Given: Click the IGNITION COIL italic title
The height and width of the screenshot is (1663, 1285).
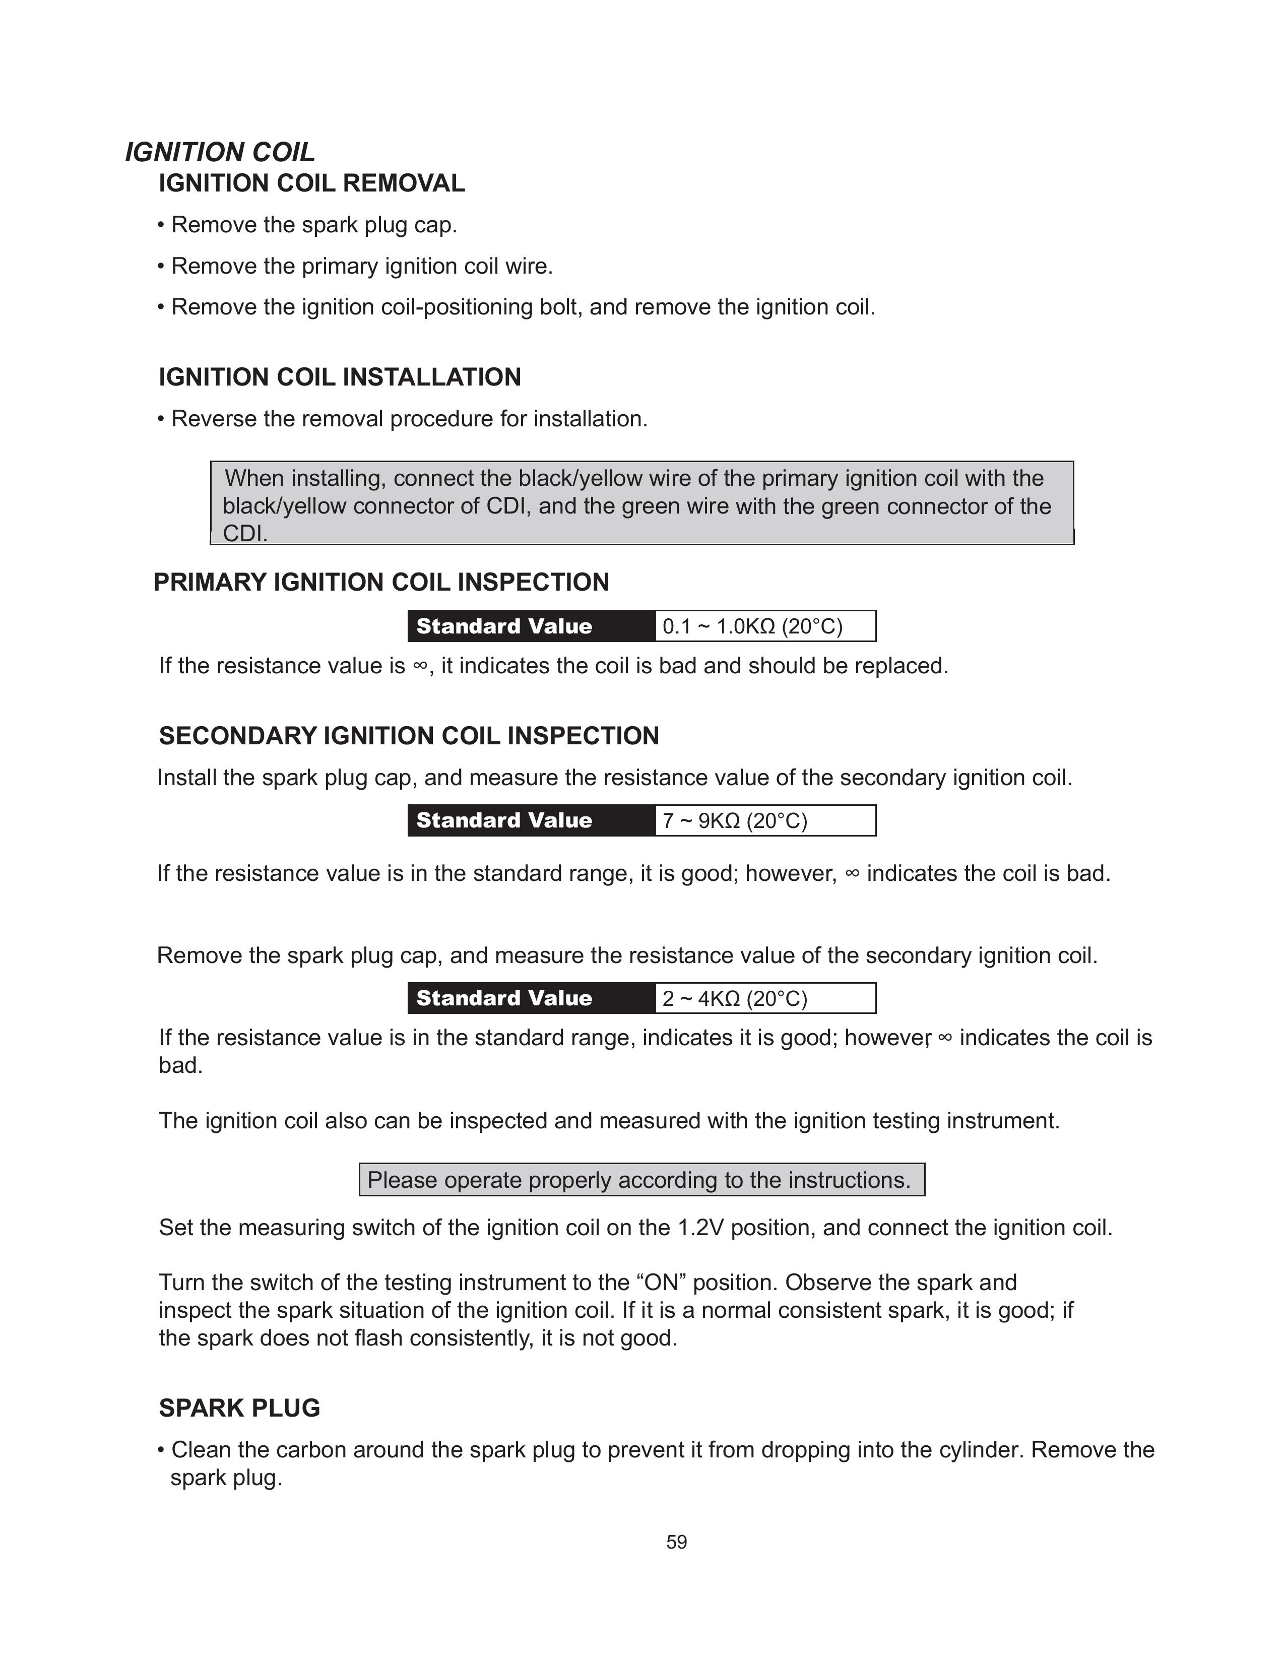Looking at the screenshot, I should [x=220, y=152].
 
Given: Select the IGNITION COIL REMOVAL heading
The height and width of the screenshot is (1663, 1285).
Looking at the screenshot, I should [x=311, y=183].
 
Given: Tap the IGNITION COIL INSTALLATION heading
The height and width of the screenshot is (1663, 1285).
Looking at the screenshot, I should [x=340, y=377].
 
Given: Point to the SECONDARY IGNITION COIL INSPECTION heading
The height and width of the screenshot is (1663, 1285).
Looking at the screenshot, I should [x=409, y=736].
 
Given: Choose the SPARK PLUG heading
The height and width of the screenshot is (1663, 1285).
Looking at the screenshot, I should [x=239, y=1408].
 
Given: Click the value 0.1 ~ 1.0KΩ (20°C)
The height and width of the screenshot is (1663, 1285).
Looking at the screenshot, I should [x=753, y=627].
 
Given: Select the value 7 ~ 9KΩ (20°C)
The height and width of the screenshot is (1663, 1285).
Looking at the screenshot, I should [x=735, y=821].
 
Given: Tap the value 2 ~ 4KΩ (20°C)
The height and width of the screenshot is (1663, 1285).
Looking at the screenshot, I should [x=735, y=998].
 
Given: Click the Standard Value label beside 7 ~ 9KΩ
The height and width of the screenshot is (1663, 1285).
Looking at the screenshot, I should [x=504, y=821].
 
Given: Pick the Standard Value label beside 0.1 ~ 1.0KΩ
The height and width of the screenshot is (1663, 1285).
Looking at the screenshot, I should [x=504, y=627].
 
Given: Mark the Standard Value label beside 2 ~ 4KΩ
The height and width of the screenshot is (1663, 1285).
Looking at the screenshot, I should [x=504, y=998].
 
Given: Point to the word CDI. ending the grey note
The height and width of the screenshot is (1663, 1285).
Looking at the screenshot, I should [x=245, y=534].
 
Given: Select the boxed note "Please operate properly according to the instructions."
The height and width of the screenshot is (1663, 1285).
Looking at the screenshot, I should [x=641, y=1180].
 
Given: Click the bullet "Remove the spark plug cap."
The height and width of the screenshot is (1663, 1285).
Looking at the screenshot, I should [x=313, y=225].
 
